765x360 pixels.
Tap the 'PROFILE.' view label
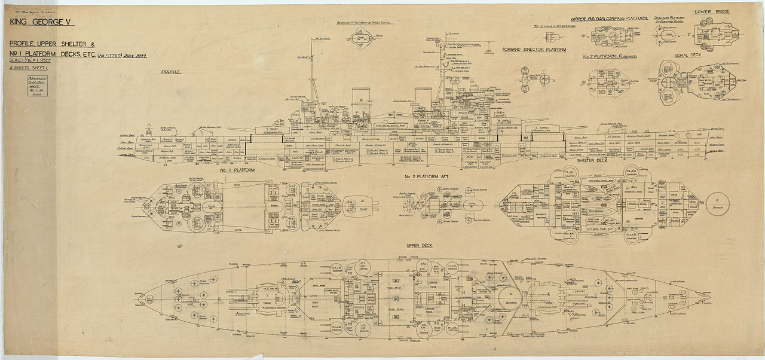[172, 72]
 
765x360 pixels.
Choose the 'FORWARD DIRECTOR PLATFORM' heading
[534, 50]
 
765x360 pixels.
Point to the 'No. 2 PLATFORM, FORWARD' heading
[610, 56]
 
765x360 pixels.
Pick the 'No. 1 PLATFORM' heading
[238, 170]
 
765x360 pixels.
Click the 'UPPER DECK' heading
[419, 246]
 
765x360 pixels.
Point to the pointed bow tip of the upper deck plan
[711, 294]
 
